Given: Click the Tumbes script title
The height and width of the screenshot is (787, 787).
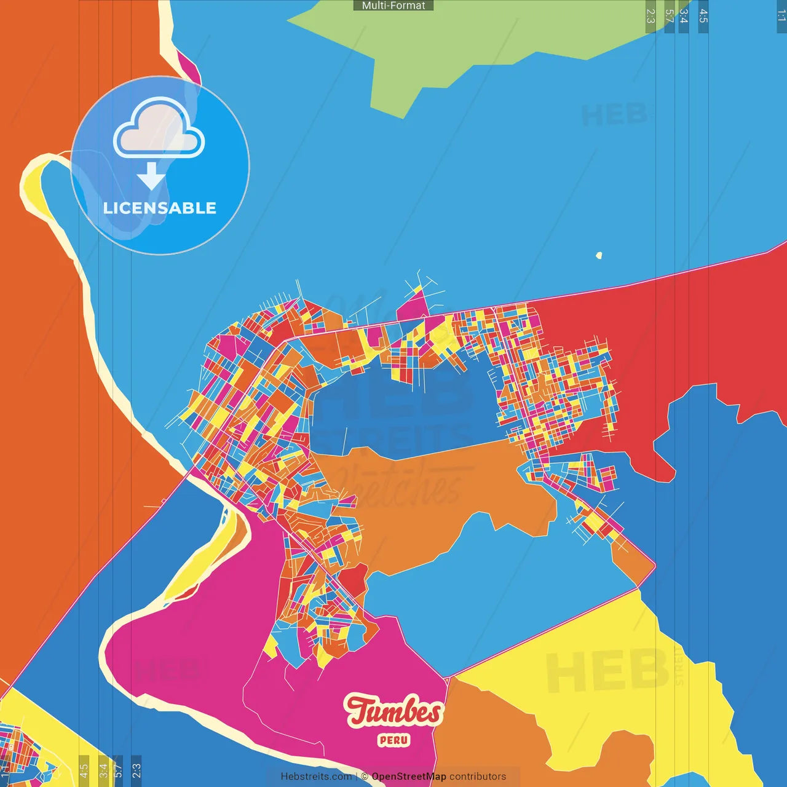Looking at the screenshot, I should coord(393,711).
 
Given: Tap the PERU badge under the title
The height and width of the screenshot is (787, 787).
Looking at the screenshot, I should coord(393,740).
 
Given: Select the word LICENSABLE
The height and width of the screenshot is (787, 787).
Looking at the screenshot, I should coord(160,208).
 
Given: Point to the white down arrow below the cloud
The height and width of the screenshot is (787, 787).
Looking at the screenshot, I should coord(151,176).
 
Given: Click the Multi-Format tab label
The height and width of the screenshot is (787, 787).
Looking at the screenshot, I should coord(393,6).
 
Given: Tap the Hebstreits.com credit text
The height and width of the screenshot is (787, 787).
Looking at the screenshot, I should coord(316,777).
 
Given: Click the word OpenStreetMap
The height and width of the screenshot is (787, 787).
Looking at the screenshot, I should coord(409,777).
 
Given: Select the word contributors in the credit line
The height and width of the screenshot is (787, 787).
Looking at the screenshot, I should coord(478,777).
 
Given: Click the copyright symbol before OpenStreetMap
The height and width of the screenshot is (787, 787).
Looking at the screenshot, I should coord(365,777).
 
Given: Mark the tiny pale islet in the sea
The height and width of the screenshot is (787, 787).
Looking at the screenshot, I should coord(599,255).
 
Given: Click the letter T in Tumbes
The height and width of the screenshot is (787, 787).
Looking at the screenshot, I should coord(360,710).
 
